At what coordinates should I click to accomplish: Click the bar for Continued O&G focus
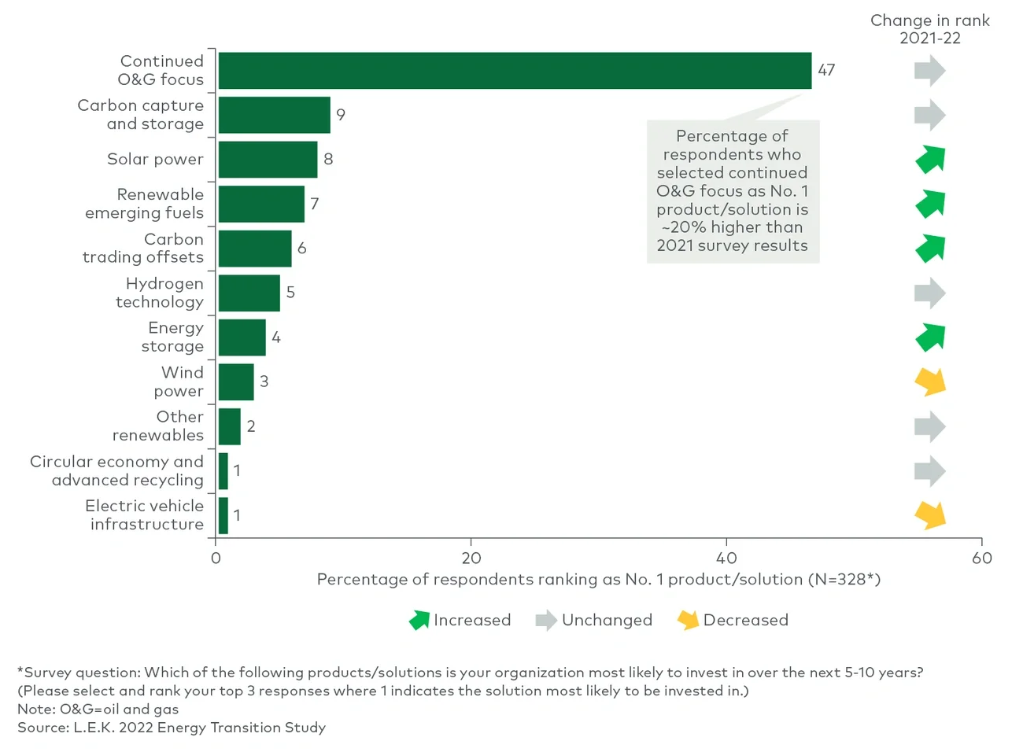click(x=515, y=71)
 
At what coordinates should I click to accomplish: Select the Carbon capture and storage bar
click(x=274, y=115)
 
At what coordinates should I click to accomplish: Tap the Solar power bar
click(x=268, y=160)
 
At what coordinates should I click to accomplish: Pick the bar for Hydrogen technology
click(x=249, y=293)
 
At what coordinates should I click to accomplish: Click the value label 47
click(x=826, y=70)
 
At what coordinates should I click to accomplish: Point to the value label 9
click(x=341, y=115)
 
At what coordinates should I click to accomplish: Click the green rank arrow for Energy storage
click(x=930, y=337)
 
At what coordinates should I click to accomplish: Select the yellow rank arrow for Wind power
click(x=930, y=382)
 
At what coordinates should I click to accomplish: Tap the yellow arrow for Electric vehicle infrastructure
click(x=930, y=515)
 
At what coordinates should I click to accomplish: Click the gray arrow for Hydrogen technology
click(x=929, y=293)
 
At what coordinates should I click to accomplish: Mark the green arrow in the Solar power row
click(x=930, y=160)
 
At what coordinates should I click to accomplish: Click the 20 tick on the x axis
click(x=471, y=558)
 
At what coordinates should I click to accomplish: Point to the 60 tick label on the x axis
click(x=981, y=558)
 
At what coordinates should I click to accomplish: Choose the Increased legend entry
click(x=460, y=620)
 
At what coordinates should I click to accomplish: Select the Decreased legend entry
click(x=733, y=620)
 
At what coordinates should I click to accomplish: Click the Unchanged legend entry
click(x=594, y=620)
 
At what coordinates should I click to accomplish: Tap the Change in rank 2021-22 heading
click(x=929, y=29)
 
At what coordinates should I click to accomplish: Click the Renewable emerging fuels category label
click(x=145, y=204)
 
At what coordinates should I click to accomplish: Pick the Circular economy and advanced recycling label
click(x=117, y=470)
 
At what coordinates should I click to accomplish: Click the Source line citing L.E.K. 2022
click(x=172, y=728)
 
